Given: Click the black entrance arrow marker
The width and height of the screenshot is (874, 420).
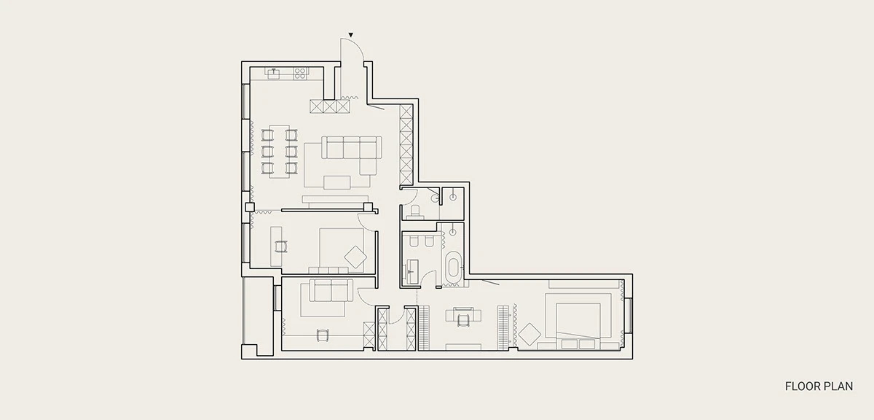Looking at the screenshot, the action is (351, 35).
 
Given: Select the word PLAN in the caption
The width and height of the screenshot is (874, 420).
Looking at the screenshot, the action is (840, 386).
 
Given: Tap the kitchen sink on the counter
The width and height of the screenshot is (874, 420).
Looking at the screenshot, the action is (274, 74).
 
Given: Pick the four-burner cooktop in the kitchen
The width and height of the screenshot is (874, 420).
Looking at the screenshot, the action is (299, 74).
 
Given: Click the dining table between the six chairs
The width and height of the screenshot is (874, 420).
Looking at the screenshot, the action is (280, 152).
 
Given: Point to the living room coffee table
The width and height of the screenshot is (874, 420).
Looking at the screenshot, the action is (336, 182).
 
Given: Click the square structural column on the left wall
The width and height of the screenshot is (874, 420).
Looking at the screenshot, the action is (250, 207).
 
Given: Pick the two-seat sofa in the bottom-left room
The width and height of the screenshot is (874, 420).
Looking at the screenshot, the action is (331, 290).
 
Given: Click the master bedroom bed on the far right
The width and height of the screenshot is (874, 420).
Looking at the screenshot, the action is (578, 320).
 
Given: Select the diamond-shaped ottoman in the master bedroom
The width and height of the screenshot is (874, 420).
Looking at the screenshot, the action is (529, 334).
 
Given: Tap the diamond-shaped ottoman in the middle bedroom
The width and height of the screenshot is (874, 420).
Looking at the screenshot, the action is (355, 257).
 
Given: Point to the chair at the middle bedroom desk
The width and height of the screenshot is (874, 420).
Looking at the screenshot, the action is (281, 246).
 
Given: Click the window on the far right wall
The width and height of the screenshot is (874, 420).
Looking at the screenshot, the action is (628, 315).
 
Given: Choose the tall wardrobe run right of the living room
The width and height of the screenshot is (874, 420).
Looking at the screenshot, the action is (406, 144).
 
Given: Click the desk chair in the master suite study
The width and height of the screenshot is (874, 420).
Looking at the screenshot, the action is (463, 319).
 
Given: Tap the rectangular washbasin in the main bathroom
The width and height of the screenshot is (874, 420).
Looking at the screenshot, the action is (412, 270).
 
